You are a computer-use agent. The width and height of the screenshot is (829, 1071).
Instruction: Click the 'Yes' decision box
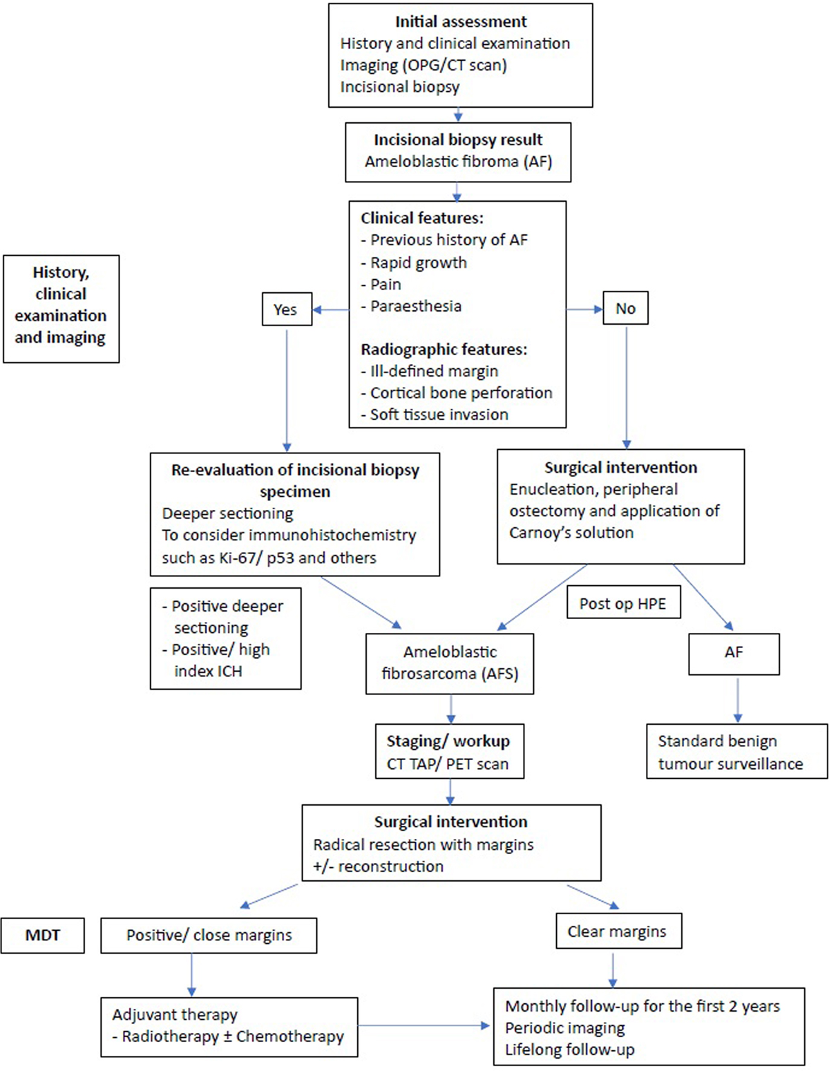click(287, 309)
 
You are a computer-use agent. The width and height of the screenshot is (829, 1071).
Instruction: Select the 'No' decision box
click(626, 308)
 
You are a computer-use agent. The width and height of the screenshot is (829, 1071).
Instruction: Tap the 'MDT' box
click(42, 935)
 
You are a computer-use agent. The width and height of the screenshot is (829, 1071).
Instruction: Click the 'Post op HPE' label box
click(624, 602)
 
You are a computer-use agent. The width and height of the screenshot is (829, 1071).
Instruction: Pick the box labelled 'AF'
click(734, 654)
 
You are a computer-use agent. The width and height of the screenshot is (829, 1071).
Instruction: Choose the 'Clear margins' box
click(619, 931)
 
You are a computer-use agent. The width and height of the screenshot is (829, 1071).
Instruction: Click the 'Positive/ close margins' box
click(209, 935)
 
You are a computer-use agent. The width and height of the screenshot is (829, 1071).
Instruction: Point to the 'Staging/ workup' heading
click(448, 741)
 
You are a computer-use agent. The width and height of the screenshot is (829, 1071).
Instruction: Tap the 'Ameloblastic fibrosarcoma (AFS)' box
click(450, 663)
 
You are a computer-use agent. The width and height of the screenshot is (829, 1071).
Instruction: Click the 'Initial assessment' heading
click(461, 21)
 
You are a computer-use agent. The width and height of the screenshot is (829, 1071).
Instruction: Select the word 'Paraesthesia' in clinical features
click(416, 306)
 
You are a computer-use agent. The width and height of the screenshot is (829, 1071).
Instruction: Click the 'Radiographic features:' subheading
click(444, 350)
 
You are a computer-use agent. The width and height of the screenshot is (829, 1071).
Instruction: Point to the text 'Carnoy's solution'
click(571, 533)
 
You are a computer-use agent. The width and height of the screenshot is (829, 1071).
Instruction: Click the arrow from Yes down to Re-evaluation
click(287, 390)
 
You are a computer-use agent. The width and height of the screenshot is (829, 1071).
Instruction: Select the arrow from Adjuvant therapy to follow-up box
click(423, 1025)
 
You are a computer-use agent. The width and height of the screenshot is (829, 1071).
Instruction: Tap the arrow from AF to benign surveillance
click(737, 701)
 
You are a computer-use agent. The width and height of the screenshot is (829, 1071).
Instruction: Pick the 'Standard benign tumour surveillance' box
click(737, 751)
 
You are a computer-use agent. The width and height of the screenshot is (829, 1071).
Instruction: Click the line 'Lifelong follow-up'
click(570, 1050)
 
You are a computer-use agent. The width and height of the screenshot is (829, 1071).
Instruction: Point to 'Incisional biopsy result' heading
click(458, 140)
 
